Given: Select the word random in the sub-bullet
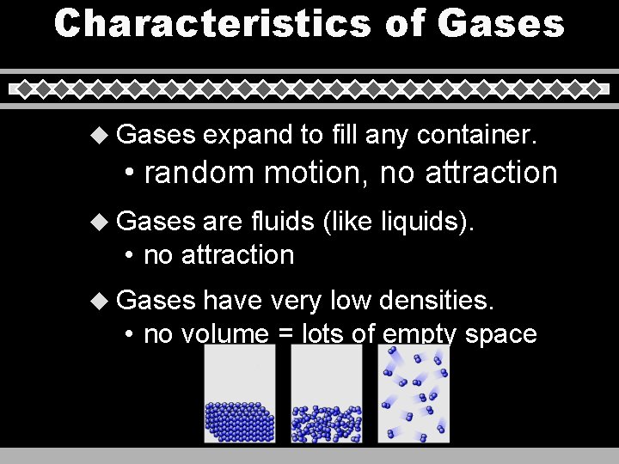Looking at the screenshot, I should tap(199, 173).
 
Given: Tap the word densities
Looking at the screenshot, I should tap(438, 300).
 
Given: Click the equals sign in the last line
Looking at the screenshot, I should tap(285, 334).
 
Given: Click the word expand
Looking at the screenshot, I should tap(247, 136).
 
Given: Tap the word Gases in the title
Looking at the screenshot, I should tap(500, 23).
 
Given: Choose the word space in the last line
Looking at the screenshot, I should tap(500, 334).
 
